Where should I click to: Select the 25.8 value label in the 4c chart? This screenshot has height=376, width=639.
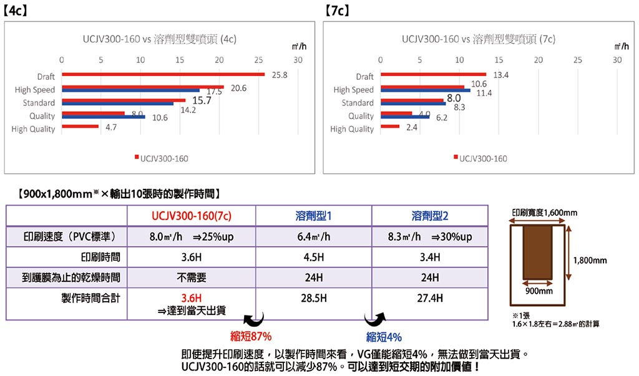(280, 75)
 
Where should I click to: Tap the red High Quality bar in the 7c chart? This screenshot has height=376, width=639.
(389, 127)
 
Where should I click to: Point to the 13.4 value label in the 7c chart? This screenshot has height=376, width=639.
(501, 75)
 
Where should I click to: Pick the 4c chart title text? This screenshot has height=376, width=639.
(159, 39)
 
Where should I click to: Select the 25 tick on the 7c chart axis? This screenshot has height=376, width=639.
(577, 60)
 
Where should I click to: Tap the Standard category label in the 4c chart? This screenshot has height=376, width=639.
(39, 103)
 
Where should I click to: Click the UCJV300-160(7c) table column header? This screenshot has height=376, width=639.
(192, 216)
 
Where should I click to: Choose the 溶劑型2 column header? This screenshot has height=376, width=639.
(429, 216)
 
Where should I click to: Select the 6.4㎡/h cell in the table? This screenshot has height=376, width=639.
(313, 237)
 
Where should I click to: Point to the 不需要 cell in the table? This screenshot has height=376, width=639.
(192, 277)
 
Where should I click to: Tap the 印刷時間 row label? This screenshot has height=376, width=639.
(100, 257)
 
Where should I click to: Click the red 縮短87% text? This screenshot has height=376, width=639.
(250, 337)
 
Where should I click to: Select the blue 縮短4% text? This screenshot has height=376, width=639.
(384, 337)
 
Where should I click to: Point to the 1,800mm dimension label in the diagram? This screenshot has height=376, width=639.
(590, 260)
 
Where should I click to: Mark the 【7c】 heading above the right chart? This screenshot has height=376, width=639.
(338, 11)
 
